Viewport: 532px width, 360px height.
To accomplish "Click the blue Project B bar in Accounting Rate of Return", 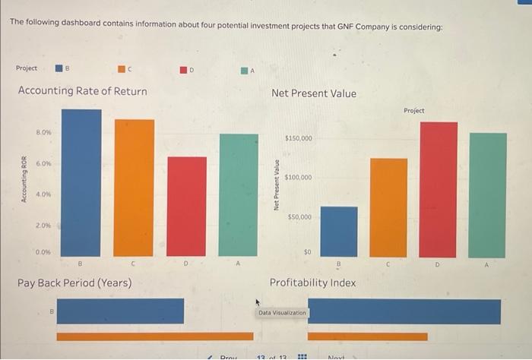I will pos(81,182).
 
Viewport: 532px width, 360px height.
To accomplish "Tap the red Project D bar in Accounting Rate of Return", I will pos(186,206).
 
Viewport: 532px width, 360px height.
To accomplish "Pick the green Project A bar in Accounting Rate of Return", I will pos(239,194).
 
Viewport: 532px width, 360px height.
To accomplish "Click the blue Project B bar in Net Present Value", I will pos(339,231).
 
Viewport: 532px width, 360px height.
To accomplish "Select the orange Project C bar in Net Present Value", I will pos(388,207).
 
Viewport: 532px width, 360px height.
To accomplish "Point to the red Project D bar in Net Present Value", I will pos(439,188).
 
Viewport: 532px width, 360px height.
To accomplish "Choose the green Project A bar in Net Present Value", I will pos(488,194).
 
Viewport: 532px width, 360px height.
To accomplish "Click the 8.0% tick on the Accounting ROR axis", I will pos(43,132).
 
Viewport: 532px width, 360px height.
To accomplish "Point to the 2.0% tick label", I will pos(43,226).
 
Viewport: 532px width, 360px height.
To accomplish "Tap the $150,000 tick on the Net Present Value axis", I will pos(298,138).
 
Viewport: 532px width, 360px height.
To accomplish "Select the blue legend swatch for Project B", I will pos(58,68).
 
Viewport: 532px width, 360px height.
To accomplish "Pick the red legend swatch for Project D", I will pos(183,70).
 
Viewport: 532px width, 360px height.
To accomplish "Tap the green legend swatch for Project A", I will pos(245,71).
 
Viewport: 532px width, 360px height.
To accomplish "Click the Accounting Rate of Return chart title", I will pos(82,91).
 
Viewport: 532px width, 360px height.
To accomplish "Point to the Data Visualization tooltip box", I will pos(282,312).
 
